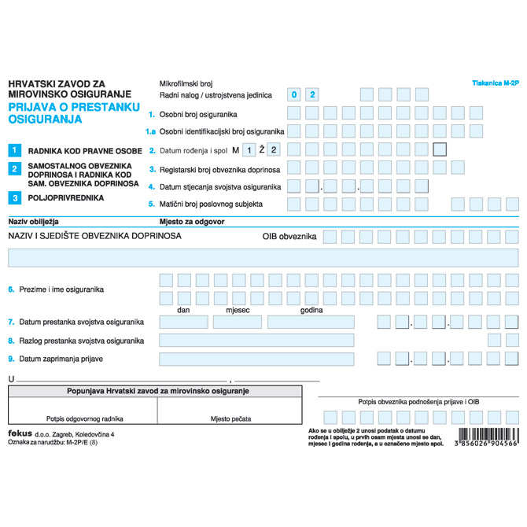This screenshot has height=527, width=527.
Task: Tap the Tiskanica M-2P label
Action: tap(496, 82)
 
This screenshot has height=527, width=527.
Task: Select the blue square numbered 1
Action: tap(14, 149)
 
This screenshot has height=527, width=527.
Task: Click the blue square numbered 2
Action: tap(14, 168)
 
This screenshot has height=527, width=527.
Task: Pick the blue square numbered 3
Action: tap(14, 198)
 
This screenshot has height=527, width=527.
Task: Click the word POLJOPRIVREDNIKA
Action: tap(65, 198)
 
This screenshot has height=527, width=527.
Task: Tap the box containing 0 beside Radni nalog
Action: tap(294, 94)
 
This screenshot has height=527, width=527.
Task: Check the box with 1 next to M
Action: tap(249, 149)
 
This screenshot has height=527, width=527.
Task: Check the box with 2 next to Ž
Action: tap(273, 149)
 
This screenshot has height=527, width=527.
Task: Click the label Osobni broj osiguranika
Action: tap(198, 114)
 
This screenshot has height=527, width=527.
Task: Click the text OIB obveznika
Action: tap(289, 236)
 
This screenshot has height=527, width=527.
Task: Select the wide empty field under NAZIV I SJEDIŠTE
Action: tap(263, 257)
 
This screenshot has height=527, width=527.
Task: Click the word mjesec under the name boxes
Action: tap(238, 310)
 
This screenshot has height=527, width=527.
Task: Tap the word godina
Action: tap(311, 310)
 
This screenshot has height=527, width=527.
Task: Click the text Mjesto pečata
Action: tap(230, 418)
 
